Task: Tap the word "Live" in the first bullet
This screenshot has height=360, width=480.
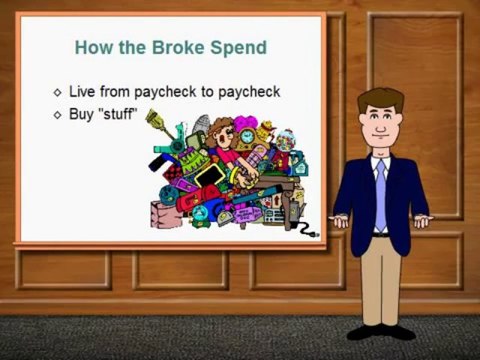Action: (82, 92)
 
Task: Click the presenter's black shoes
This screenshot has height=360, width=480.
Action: (380, 331)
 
